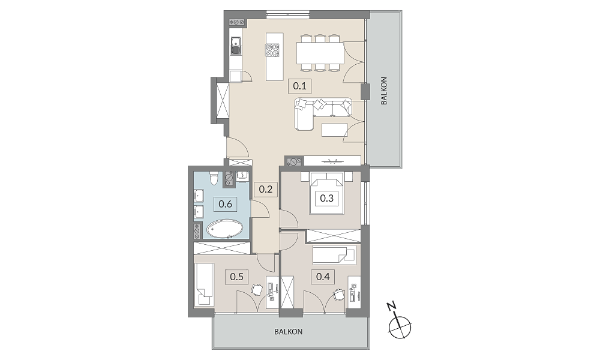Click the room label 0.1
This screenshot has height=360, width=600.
click(299, 86)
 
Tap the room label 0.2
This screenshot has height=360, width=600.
click(266, 189)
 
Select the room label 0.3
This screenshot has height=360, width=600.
click(327, 198)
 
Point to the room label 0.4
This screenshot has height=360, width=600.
click(323, 276)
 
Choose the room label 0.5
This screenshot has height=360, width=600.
click(237, 276)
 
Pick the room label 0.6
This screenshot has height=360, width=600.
click(226, 204)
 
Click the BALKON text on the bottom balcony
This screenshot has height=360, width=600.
click(289, 332)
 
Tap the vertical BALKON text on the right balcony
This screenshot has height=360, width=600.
click(384, 91)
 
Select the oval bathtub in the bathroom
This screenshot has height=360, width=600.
click(224, 230)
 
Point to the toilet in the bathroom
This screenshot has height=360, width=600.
click(214, 178)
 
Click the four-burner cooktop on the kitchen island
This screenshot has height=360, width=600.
click(272, 50)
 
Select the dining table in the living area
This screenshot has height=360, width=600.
click(320, 53)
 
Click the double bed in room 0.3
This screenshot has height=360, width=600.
click(327, 193)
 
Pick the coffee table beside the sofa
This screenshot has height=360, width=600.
click(335, 130)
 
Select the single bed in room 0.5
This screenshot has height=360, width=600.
click(205, 284)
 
